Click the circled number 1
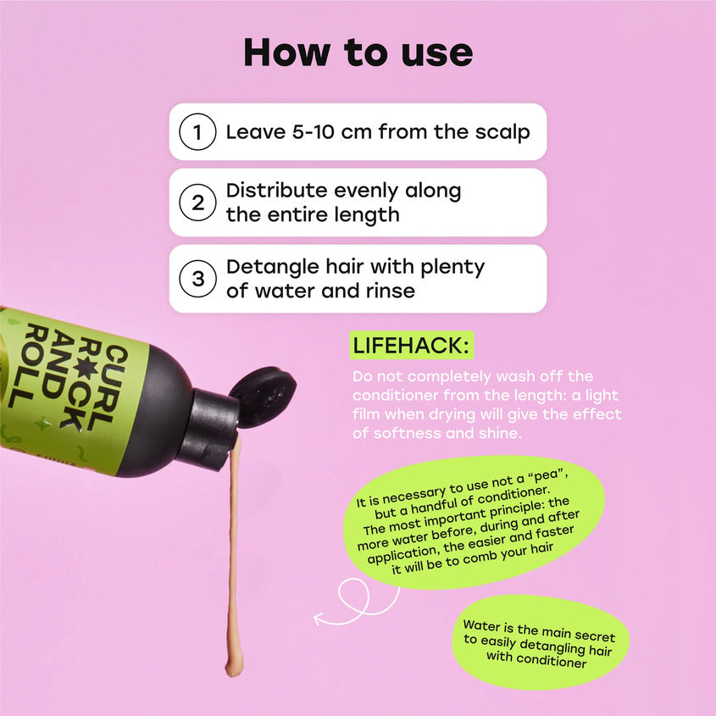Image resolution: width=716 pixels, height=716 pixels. (x=197, y=132)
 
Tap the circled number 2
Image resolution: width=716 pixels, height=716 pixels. (x=197, y=203)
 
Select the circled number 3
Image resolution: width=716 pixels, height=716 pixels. (x=197, y=279)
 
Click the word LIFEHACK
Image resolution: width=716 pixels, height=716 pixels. (x=408, y=345)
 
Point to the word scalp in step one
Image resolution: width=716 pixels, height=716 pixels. (x=502, y=132)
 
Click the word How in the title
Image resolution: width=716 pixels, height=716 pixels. (x=286, y=53)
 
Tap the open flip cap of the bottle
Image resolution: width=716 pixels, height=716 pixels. (x=263, y=397)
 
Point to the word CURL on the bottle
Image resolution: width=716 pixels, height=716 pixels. (x=108, y=388)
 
